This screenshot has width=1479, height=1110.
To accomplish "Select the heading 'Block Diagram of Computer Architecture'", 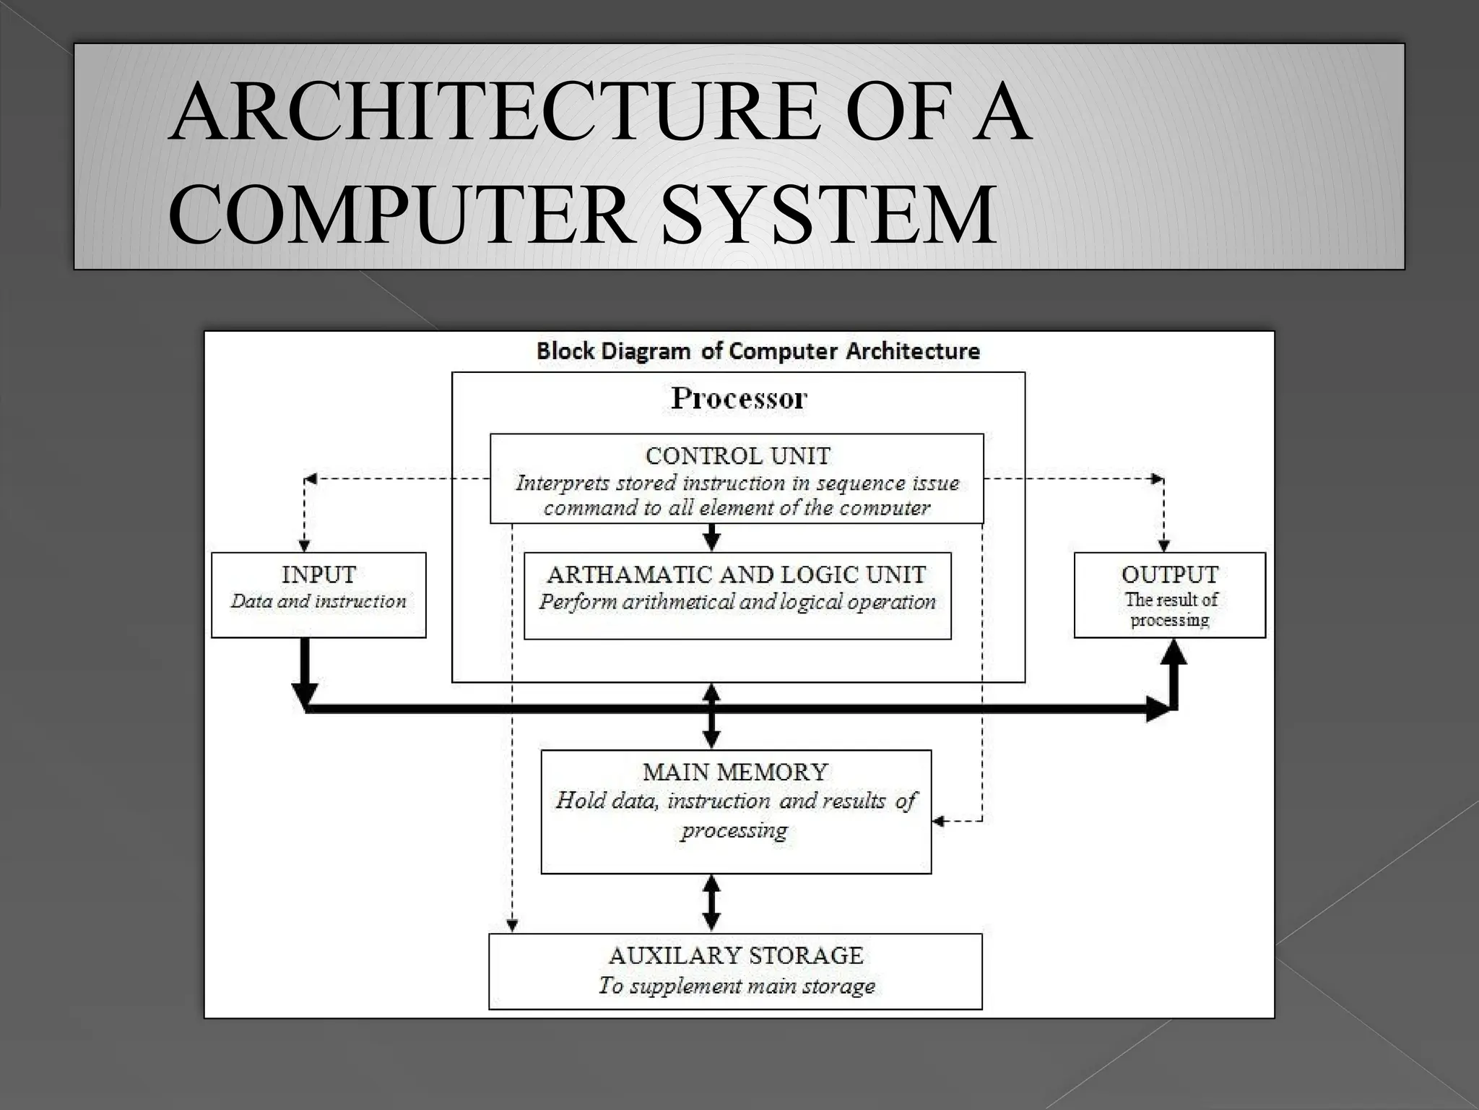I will tap(758, 351).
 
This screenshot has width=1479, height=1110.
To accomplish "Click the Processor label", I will tap(739, 398).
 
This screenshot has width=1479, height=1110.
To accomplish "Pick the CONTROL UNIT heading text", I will tap(737, 456).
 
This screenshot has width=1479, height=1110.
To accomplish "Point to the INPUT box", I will tap(318, 595).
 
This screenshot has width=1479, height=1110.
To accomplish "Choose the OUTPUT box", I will tap(1169, 595).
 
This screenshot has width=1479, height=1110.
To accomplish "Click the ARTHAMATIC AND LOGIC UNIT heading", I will tap(737, 575).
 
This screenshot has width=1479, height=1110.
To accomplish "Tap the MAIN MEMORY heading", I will tap(735, 772).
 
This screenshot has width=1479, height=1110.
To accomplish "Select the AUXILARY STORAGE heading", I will tap(736, 955).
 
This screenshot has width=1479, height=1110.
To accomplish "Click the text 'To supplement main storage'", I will tap(736, 986).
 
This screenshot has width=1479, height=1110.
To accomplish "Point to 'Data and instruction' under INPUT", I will tap(318, 601).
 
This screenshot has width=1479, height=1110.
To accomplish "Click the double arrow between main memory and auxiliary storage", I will tap(712, 903).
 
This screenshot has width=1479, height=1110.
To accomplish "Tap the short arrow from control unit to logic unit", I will tap(712, 536).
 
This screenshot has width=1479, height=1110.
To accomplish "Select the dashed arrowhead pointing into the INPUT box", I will tap(305, 545).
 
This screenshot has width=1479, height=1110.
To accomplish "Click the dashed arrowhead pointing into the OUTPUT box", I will tap(1163, 545).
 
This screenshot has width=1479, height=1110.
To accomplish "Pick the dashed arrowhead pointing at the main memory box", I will tap(939, 821).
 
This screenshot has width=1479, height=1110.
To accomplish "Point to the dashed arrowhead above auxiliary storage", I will tap(511, 924).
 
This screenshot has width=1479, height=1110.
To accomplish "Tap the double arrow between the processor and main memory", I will tap(712, 716).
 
